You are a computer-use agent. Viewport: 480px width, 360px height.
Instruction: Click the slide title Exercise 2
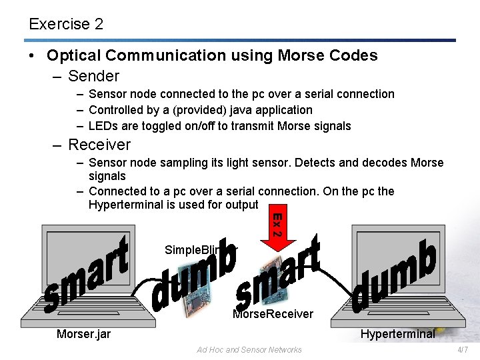(66, 24)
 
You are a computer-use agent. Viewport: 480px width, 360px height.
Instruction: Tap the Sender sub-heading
(93, 76)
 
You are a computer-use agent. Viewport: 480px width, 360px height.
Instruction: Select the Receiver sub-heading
(99, 145)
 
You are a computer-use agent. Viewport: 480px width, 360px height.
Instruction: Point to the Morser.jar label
(83, 334)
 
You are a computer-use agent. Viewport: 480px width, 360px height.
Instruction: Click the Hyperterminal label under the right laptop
(397, 334)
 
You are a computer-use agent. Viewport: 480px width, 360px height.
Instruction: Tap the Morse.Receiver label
(273, 313)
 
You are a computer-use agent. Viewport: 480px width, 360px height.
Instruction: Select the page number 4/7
(463, 349)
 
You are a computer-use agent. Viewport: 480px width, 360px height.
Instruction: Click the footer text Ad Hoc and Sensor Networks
(249, 349)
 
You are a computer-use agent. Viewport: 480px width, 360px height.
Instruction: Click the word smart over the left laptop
(87, 273)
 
